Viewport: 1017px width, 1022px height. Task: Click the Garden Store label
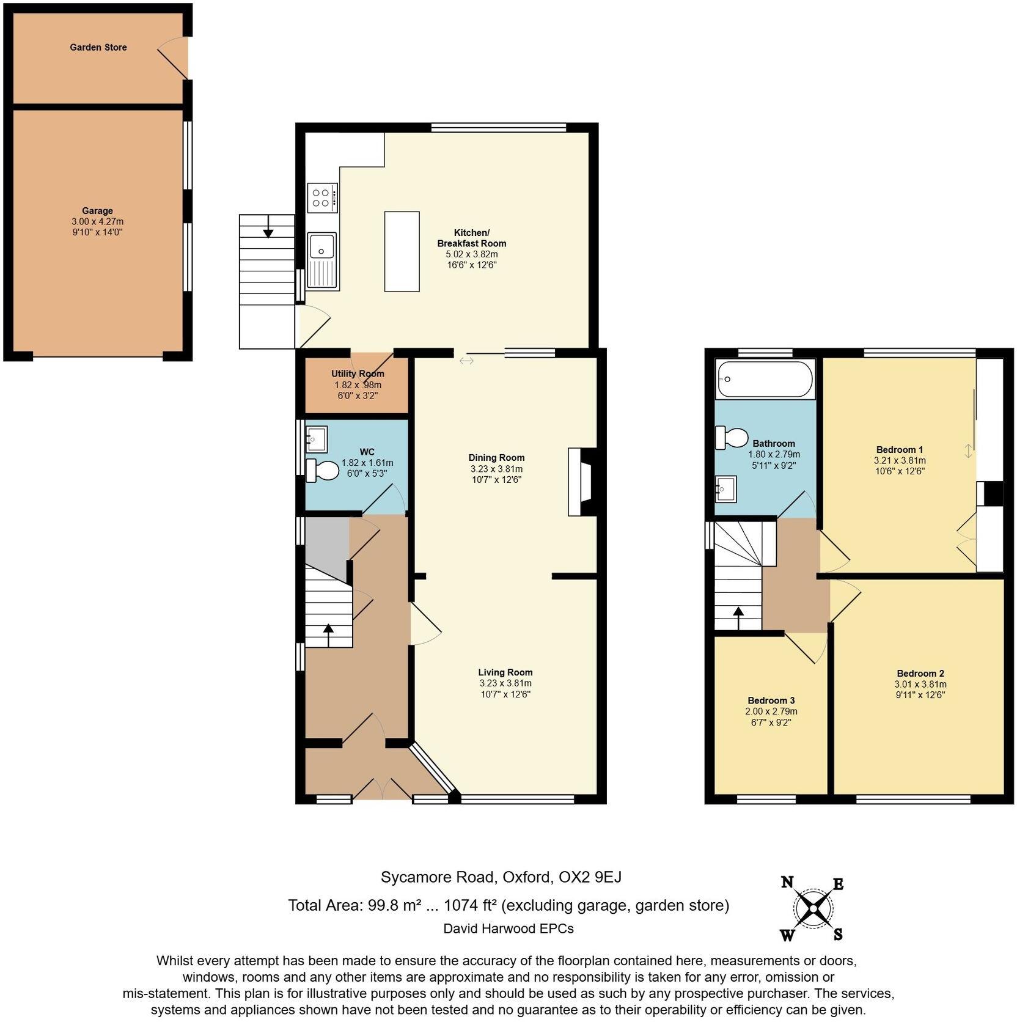point(98,47)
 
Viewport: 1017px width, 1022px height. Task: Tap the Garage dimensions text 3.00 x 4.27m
point(97,221)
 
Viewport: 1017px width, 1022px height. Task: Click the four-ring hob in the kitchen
point(323,197)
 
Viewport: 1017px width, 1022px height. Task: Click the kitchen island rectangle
point(402,251)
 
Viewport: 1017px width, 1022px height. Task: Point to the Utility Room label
point(358,373)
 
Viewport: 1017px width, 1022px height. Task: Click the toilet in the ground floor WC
point(322,470)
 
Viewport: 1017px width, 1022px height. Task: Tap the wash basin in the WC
point(317,438)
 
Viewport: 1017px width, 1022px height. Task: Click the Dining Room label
point(496,457)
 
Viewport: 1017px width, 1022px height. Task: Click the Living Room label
point(505,672)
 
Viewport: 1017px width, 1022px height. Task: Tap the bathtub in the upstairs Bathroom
point(765,379)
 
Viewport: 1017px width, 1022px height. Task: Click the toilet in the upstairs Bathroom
point(732,438)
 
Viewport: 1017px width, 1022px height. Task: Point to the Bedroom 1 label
point(899,449)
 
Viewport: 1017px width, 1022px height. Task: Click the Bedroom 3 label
point(771,700)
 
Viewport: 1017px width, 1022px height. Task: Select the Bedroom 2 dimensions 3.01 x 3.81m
point(920,684)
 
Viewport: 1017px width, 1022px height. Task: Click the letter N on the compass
point(787,882)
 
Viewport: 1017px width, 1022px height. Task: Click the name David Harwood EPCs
point(508,928)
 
